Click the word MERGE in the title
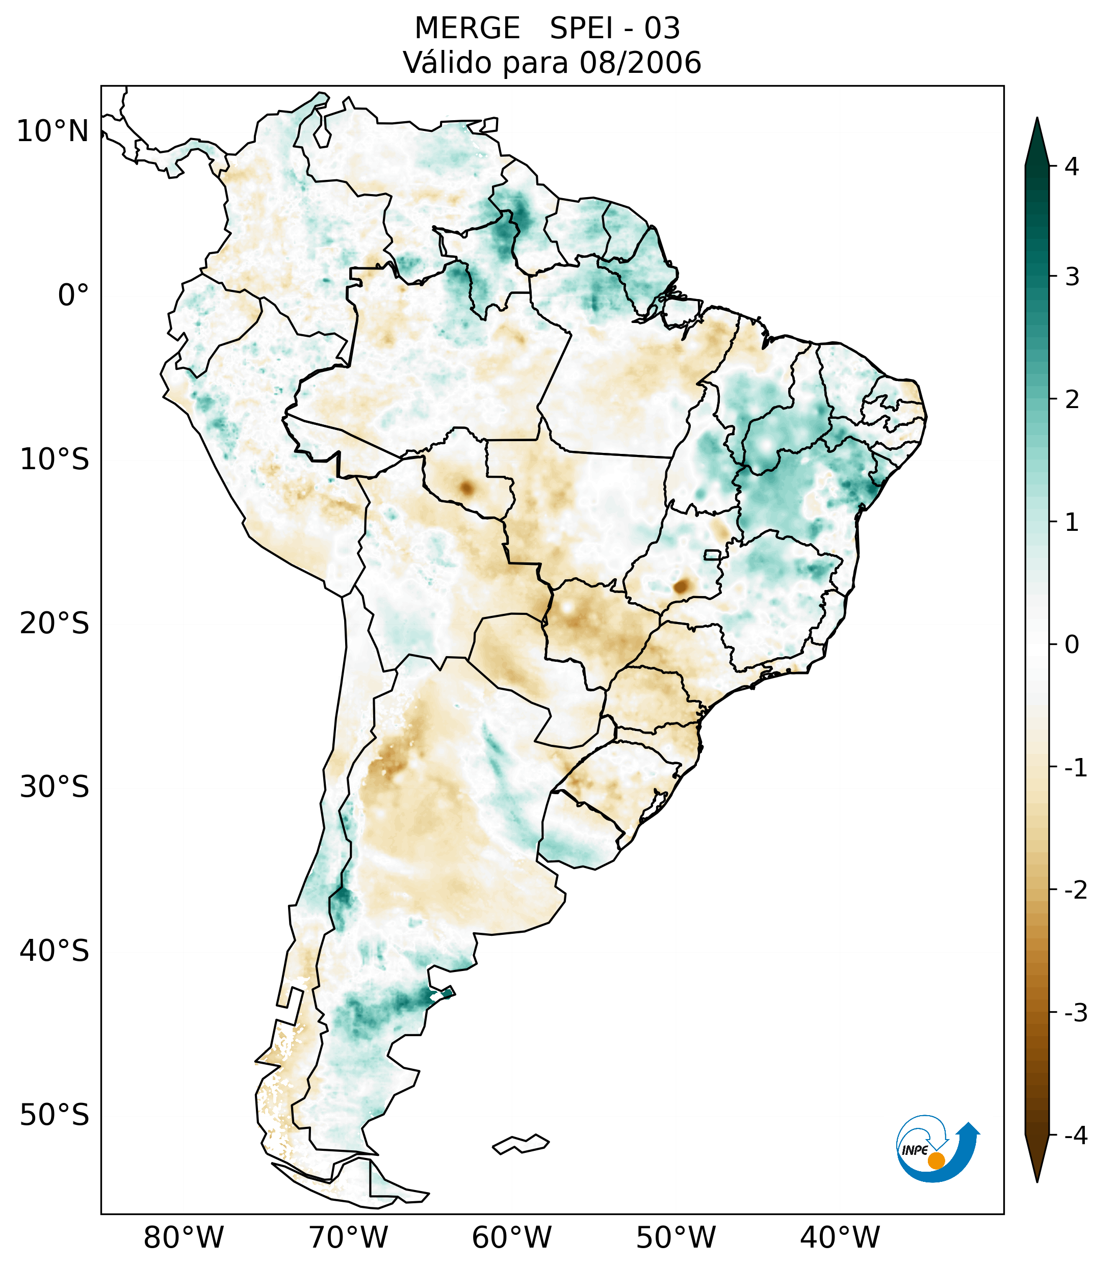pos(467,29)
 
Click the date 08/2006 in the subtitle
pos(640,63)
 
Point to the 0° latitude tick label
pos(73,295)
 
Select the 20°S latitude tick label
pos(55,624)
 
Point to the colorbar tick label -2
pos(1075,891)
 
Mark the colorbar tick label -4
pos(1075,1136)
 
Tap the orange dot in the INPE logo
pos(936,1160)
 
